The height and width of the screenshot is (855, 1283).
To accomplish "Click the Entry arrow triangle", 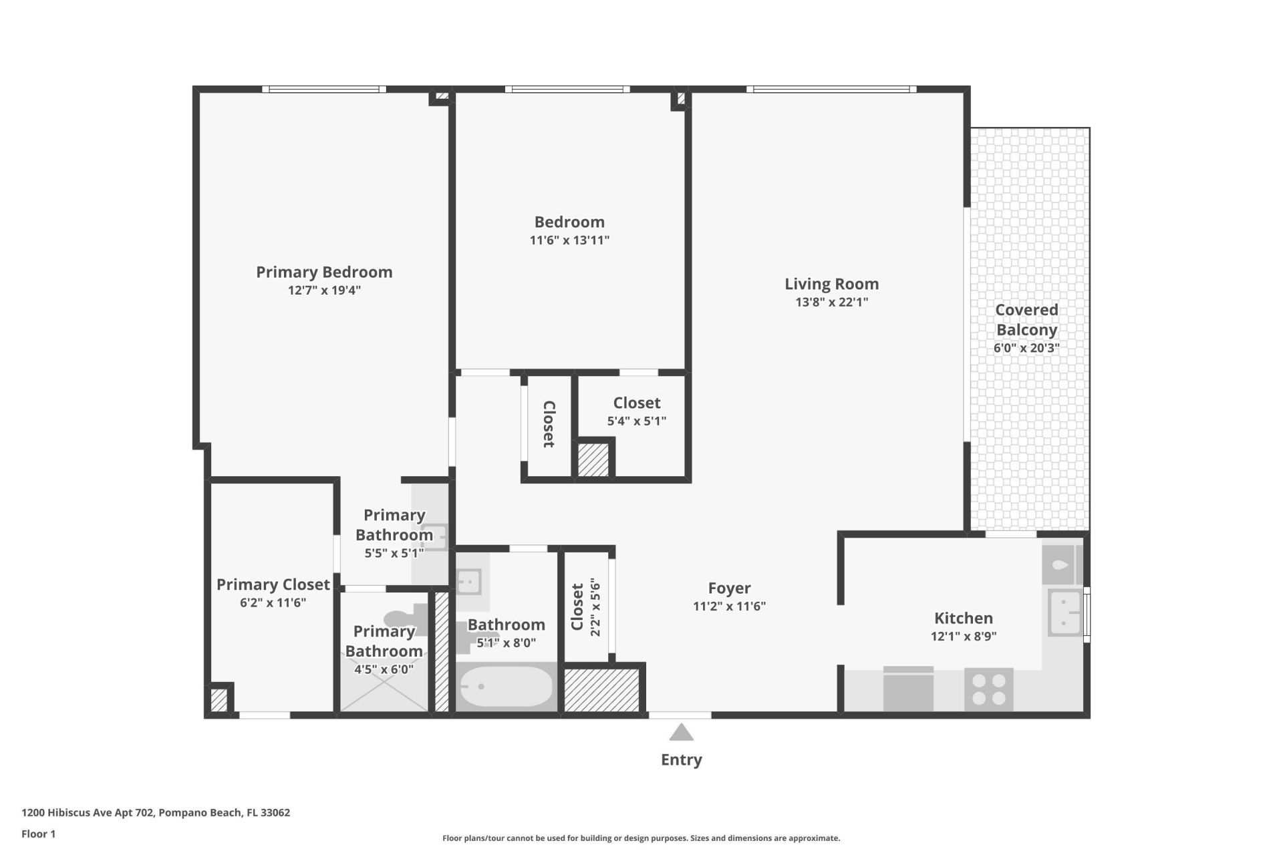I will pos(681,733).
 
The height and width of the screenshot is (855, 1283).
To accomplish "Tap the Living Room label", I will pos(831,284).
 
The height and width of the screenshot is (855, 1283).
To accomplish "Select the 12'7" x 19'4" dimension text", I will pos(324,291).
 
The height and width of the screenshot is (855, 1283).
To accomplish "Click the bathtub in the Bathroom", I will pos(506,687).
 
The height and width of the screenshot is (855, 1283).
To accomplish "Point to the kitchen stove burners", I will pos(989,689).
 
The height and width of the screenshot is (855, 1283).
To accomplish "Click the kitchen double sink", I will pos(1064,613).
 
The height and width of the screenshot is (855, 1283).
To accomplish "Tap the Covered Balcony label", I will pos(1026,319).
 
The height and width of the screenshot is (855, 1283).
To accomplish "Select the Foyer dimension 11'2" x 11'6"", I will pos(729,607).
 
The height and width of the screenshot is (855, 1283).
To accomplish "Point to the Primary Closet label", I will pos(273,584).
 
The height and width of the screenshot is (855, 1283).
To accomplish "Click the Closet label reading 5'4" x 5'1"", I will pos(636,403).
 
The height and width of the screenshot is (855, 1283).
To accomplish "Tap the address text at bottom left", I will pos(156,813).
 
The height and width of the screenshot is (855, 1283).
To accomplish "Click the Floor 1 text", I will pos(38,834).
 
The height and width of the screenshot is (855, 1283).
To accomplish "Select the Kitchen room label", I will pos(963,618).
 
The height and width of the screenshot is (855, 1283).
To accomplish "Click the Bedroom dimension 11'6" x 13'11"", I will pos(569,240).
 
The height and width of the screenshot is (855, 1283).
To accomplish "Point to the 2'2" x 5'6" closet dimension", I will pos(595,607).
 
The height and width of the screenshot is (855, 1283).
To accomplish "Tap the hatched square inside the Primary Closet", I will pos(219,700).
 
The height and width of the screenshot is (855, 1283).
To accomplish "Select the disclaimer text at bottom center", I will pos(641,838).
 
